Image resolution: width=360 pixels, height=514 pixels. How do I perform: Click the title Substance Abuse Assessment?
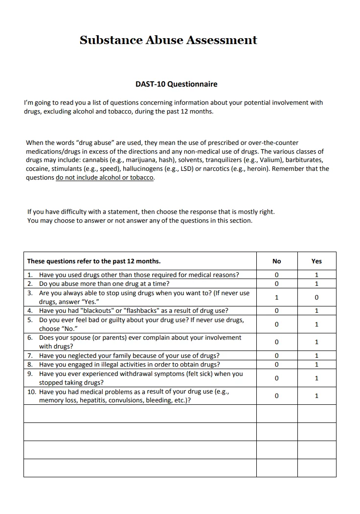[168, 40]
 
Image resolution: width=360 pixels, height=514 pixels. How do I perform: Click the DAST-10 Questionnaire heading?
[176, 84]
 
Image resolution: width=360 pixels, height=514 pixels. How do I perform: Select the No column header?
[276, 261]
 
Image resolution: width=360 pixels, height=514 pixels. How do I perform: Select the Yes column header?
[316, 261]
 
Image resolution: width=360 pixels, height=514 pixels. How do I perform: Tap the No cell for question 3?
[276, 297]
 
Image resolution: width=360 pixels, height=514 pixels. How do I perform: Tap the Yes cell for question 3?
[316, 297]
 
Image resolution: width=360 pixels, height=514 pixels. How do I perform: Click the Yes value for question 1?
[316, 275]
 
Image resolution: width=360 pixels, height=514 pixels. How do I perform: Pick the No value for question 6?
[276, 342]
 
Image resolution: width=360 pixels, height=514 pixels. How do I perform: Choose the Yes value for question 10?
[316, 396]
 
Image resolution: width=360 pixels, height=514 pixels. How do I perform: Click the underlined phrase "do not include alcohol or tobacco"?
[105, 178]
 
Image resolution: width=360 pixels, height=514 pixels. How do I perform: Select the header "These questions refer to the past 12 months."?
[94, 261]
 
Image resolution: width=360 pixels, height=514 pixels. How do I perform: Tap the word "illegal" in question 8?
[110, 364]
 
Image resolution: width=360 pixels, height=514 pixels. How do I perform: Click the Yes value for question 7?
[316, 355]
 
